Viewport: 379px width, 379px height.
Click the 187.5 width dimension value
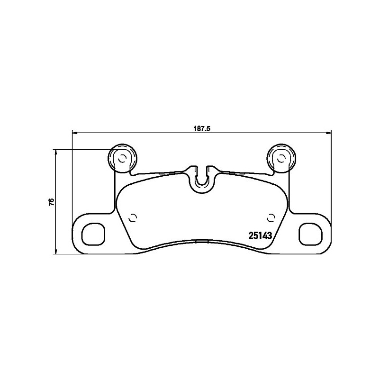coord(202,127)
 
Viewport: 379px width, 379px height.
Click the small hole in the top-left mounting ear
coord(121,158)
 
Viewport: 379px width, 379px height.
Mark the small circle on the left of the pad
coord(133,218)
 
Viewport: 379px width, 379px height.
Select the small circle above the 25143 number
coord(271,218)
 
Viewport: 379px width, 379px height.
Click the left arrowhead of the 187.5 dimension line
coord(74,132)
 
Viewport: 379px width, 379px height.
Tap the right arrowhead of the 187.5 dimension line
coord(329,132)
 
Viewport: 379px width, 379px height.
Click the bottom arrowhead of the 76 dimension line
coord(56,251)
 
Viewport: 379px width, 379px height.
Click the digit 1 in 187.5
coord(195,127)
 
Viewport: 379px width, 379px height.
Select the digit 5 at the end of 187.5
coord(208,127)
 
